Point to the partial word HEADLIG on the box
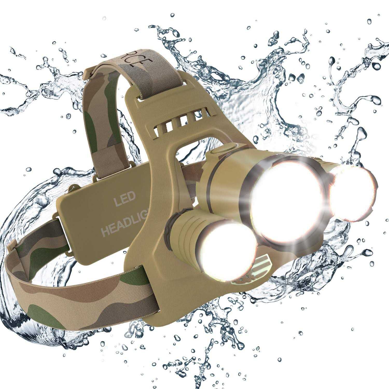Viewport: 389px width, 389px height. click(x=122, y=228)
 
